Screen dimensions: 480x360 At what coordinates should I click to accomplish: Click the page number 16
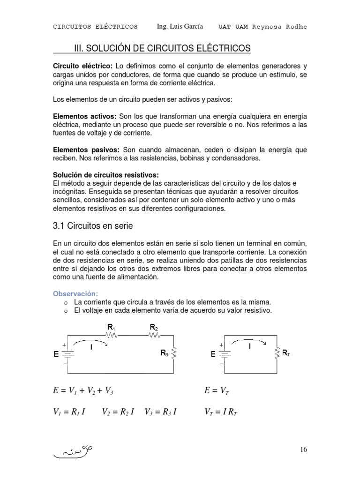pyautogui.click(x=303, y=450)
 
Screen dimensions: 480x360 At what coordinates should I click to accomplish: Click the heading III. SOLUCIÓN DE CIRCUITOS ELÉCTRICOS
pyautogui.click(x=163, y=48)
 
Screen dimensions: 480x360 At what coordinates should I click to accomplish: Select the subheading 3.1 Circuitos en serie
pyautogui.click(x=93, y=226)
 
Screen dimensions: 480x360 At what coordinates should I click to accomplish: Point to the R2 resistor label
pyautogui.click(x=154, y=327)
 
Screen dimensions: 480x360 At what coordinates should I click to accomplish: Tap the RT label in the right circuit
pyautogui.click(x=286, y=352)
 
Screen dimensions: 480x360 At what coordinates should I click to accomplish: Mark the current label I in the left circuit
pyautogui.click(x=91, y=347)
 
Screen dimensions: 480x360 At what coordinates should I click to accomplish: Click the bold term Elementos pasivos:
pyautogui.click(x=86, y=150)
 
